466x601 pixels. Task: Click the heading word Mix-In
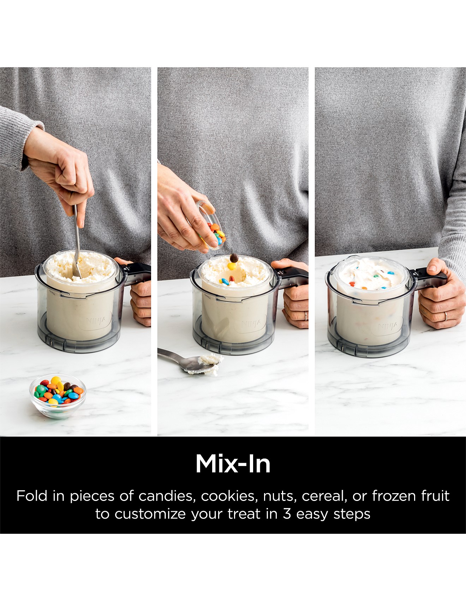(233, 463)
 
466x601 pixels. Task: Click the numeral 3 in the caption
(287, 514)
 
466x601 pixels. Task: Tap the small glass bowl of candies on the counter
(58, 395)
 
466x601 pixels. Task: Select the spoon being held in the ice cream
(77, 240)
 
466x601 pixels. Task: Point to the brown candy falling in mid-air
(233, 258)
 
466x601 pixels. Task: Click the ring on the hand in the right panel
(446, 316)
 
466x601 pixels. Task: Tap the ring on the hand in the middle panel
(306, 316)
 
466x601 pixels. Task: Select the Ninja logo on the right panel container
(388, 326)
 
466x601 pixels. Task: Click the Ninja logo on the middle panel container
(252, 323)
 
